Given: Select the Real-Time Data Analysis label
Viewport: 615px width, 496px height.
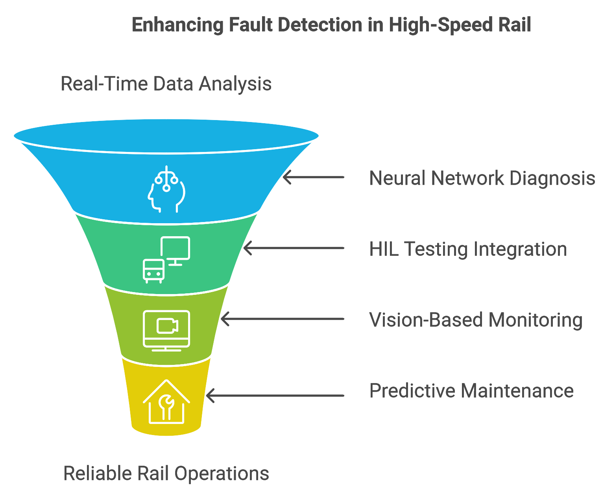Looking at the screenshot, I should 166,84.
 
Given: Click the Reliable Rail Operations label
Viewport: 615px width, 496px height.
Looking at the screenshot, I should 166,473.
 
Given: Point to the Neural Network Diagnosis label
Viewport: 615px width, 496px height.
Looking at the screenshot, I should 482,178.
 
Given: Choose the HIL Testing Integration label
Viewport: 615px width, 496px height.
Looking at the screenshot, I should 468,249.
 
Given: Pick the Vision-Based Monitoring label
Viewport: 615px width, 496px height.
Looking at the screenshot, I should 476,320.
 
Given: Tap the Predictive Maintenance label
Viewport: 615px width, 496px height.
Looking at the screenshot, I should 471,391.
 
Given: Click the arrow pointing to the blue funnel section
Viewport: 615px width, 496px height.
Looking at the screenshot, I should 314,177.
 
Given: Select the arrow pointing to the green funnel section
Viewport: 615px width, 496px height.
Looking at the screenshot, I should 294,248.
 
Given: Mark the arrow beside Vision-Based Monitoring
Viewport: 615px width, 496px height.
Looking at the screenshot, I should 283,319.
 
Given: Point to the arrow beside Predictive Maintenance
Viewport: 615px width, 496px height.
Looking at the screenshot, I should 275,395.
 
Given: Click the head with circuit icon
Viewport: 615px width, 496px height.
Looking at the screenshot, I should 166,189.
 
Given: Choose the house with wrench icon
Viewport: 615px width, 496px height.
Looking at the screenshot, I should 166,402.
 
